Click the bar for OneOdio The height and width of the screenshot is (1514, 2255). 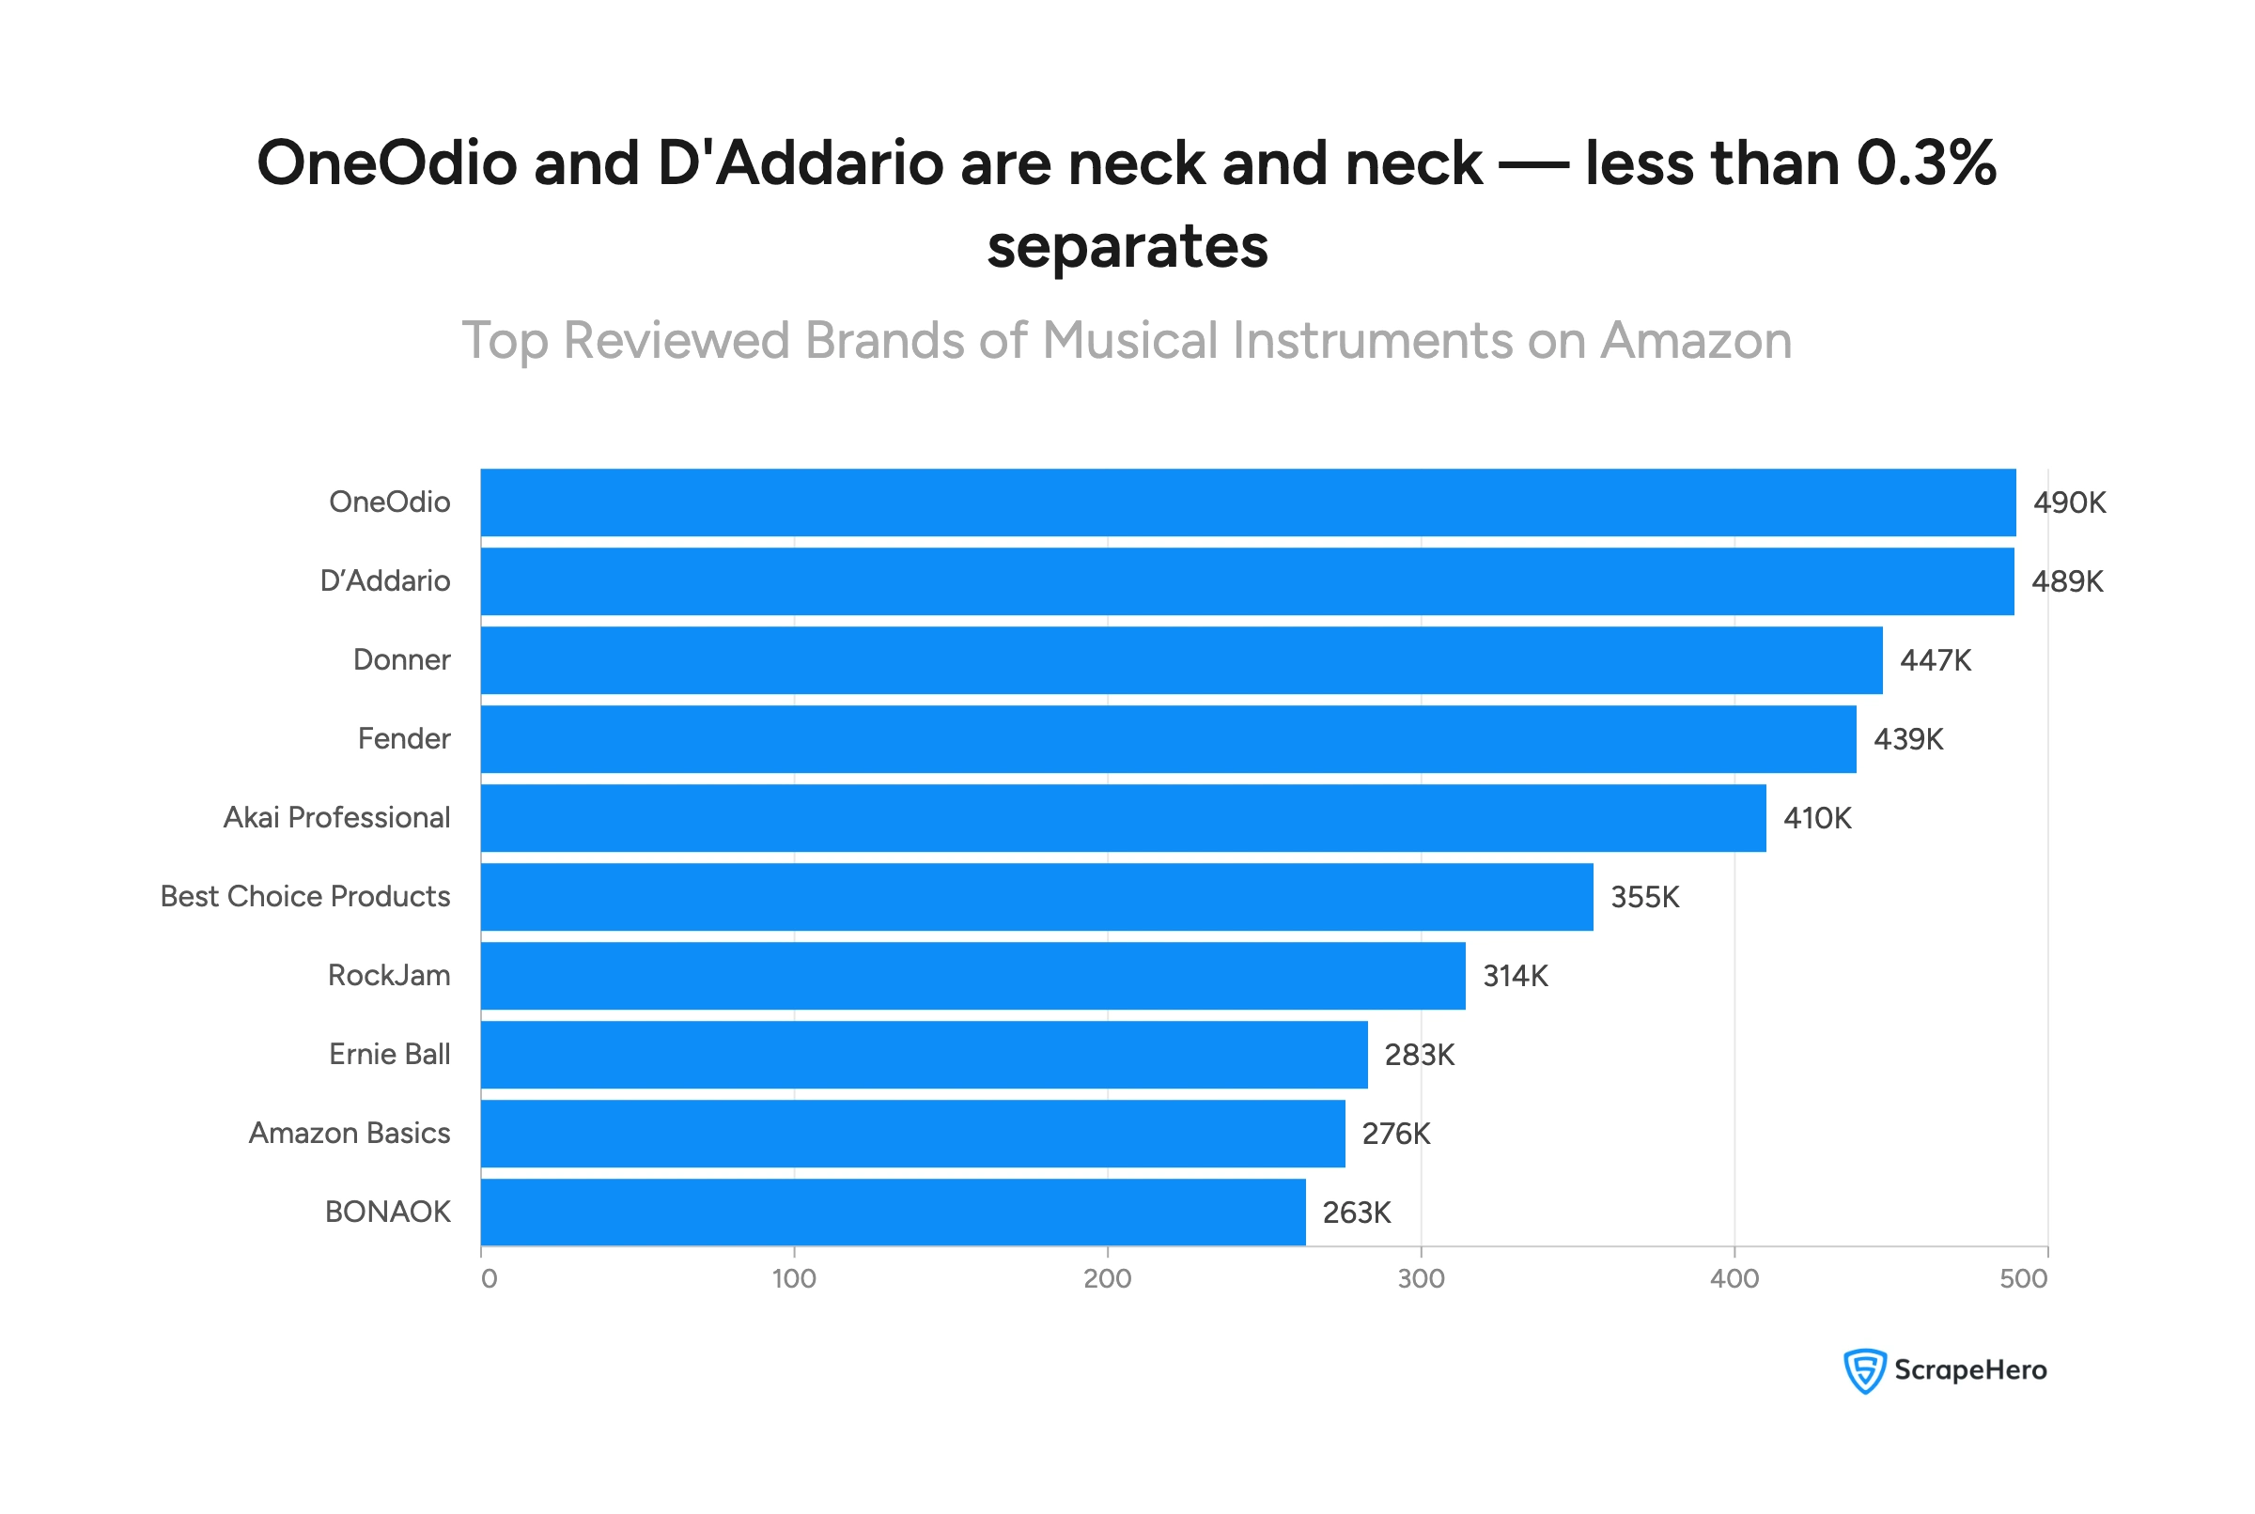click(1248, 503)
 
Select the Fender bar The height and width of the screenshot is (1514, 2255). click(1168, 739)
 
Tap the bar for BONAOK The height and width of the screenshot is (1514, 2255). click(893, 1213)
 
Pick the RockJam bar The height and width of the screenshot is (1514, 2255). click(972, 976)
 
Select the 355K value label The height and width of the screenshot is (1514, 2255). click(1644, 898)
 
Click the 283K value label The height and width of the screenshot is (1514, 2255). click(1419, 1056)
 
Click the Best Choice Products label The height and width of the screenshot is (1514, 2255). click(305, 897)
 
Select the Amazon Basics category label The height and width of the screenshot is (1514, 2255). click(350, 1134)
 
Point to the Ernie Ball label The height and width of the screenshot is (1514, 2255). click(389, 1055)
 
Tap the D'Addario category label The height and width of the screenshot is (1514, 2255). click(385, 581)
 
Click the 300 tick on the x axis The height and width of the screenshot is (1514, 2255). click(1421, 1279)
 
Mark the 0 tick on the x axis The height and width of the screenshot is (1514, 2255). click(490, 1279)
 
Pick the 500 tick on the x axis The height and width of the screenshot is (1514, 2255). click(2023, 1279)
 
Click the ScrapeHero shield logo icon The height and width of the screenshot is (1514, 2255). click(1864, 1371)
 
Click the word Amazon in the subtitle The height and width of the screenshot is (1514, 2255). click(1695, 341)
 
